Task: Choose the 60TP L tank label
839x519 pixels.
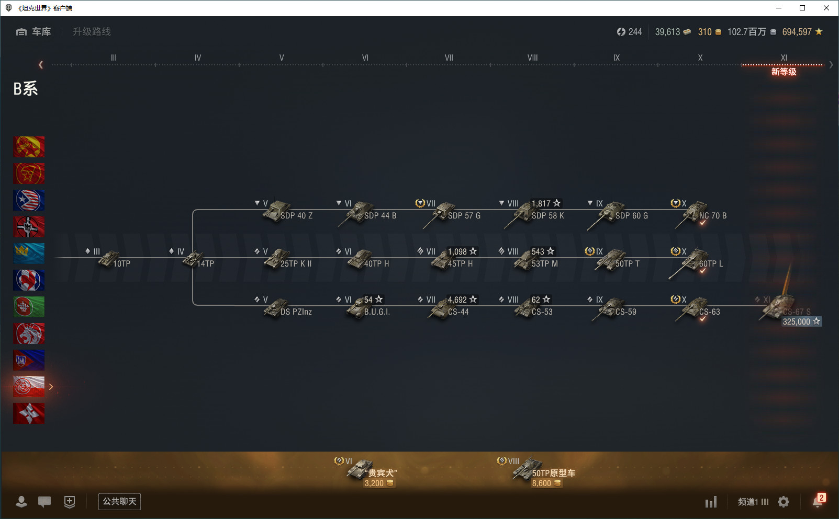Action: (x=711, y=264)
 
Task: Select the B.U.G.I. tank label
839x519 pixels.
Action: (x=377, y=312)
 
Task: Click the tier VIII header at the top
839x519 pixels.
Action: (x=532, y=58)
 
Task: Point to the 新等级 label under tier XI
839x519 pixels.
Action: (x=784, y=72)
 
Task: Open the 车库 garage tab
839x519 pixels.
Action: (x=34, y=32)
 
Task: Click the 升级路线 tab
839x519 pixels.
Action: (x=92, y=32)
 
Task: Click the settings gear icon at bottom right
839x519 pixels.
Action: (x=784, y=502)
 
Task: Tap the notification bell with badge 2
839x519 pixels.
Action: (x=818, y=501)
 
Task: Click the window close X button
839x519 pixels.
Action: (x=826, y=8)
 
